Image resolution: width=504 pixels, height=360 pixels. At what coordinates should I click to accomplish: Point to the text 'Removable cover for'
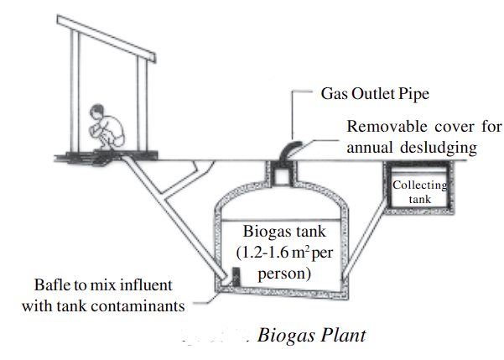point(424,128)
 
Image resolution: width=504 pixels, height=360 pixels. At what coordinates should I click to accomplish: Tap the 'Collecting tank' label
point(420,191)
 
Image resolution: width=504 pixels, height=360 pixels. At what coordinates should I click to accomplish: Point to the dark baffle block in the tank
point(236,275)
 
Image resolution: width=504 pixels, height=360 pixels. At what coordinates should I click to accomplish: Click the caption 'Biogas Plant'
point(311,336)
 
